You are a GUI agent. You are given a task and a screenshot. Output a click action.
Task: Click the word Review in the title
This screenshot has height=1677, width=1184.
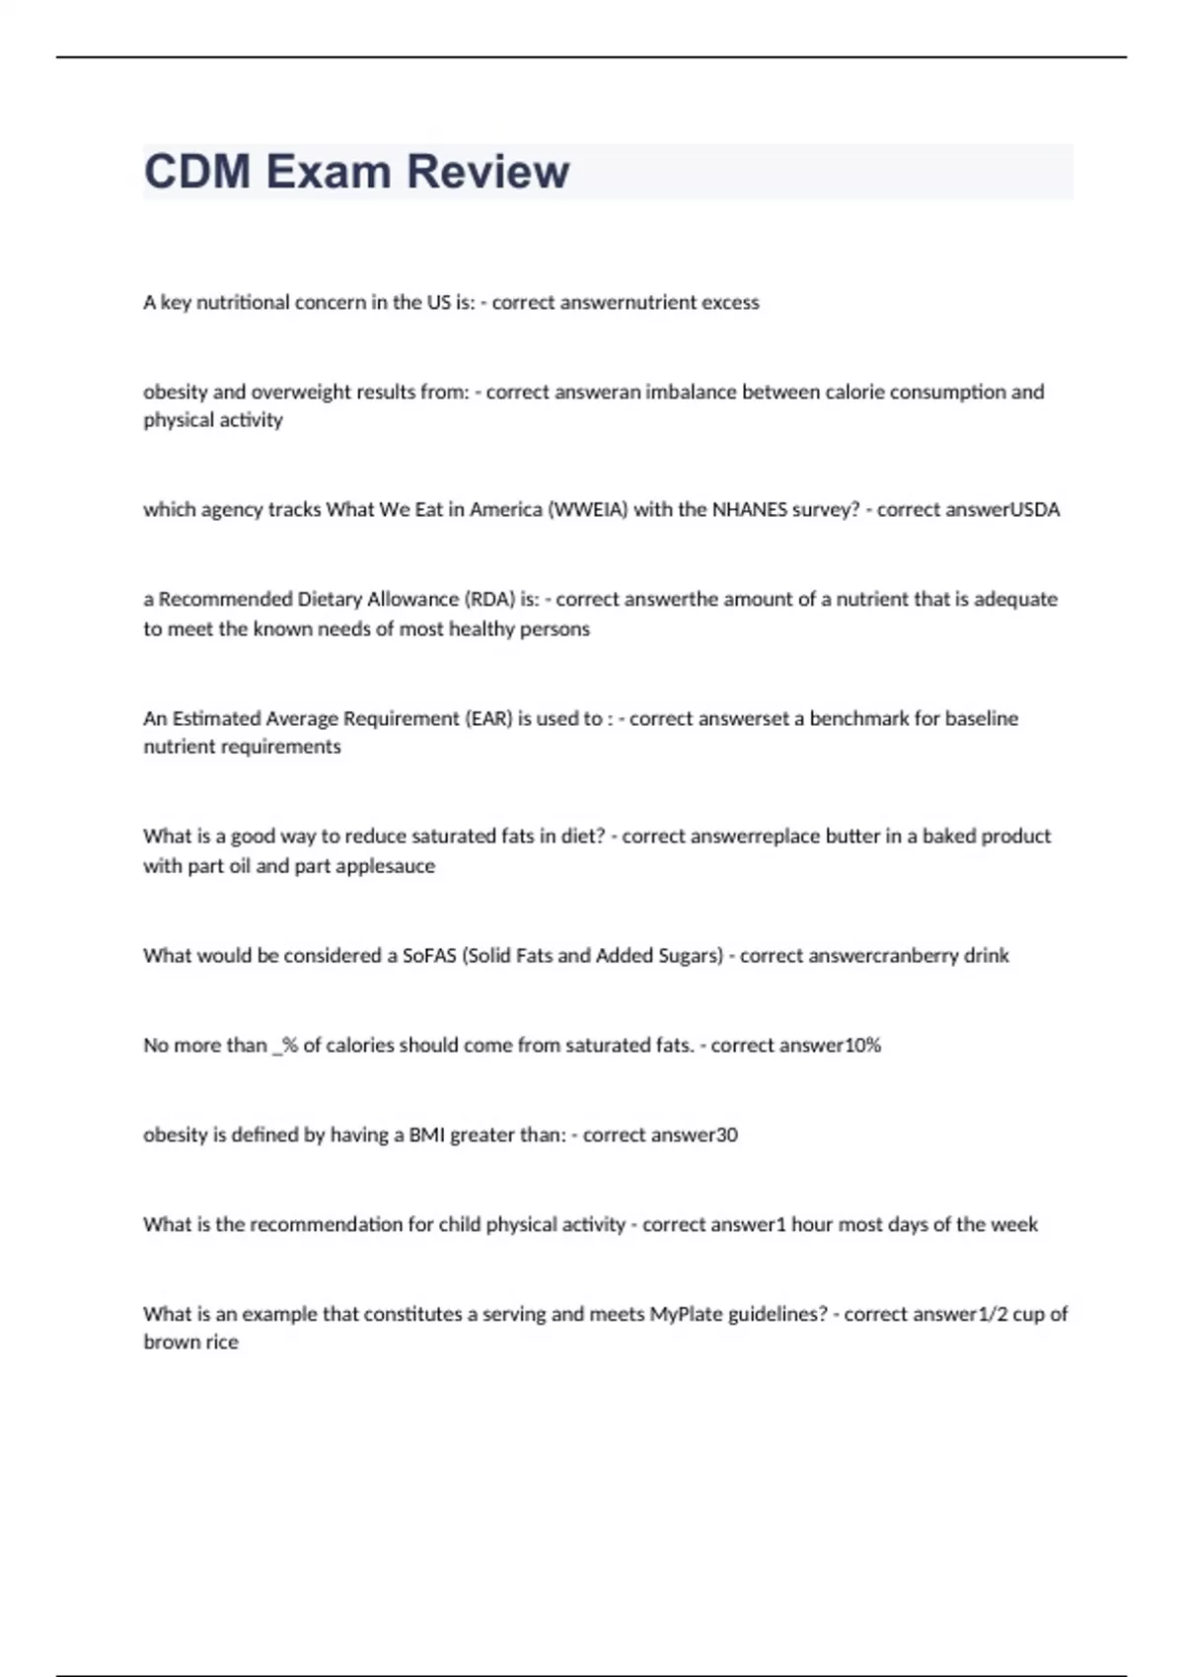[x=487, y=172]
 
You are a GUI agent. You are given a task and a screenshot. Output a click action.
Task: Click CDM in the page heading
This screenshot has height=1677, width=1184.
[x=197, y=172]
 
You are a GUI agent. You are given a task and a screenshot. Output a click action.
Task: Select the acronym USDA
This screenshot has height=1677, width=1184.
[x=1035, y=510]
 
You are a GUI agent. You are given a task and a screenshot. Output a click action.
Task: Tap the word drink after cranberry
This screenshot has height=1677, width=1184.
[x=986, y=956]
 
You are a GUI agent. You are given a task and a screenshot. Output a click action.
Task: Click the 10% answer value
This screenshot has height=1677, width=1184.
[x=862, y=1046]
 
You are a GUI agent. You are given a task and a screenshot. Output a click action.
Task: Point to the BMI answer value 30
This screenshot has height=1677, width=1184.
[x=726, y=1135]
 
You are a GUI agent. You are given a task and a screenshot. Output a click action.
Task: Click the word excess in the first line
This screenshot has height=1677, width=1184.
[x=730, y=303]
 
